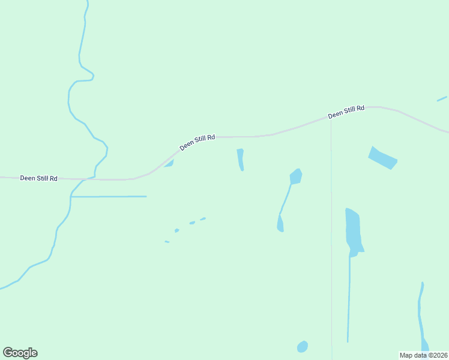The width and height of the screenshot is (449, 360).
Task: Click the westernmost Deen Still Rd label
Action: click(x=38, y=178)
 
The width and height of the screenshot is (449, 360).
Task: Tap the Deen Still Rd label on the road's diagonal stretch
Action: click(x=197, y=142)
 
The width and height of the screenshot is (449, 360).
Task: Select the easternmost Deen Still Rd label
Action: click(x=346, y=112)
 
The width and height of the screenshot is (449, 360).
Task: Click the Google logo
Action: click(x=20, y=353)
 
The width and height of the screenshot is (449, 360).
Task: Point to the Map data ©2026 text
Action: click(x=424, y=355)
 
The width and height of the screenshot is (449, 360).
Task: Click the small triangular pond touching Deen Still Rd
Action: click(x=170, y=164)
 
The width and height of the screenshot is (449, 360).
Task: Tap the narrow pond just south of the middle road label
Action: click(x=241, y=159)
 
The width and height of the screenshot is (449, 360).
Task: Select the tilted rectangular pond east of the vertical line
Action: click(x=382, y=158)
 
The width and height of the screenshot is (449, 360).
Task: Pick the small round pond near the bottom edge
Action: click(x=303, y=347)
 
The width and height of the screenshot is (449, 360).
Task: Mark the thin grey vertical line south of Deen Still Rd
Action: click(x=331, y=240)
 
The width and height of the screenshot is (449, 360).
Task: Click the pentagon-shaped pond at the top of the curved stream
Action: click(x=295, y=176)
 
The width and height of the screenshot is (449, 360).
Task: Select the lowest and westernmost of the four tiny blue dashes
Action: click(x=167, y=242)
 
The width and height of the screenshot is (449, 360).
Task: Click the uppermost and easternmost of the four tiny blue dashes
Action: click(x=203, y=219)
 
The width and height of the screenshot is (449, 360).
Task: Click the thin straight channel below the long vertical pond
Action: click(x=349, y=300)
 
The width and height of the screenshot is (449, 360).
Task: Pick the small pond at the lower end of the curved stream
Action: click(x=280, y=224)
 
